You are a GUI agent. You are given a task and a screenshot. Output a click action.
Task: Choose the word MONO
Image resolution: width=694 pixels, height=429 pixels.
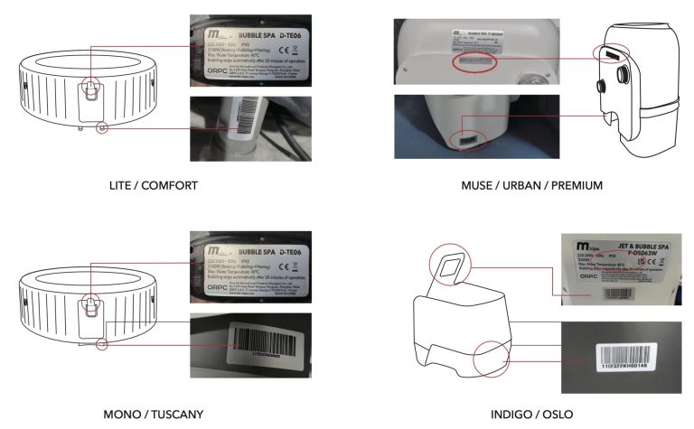121,415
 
